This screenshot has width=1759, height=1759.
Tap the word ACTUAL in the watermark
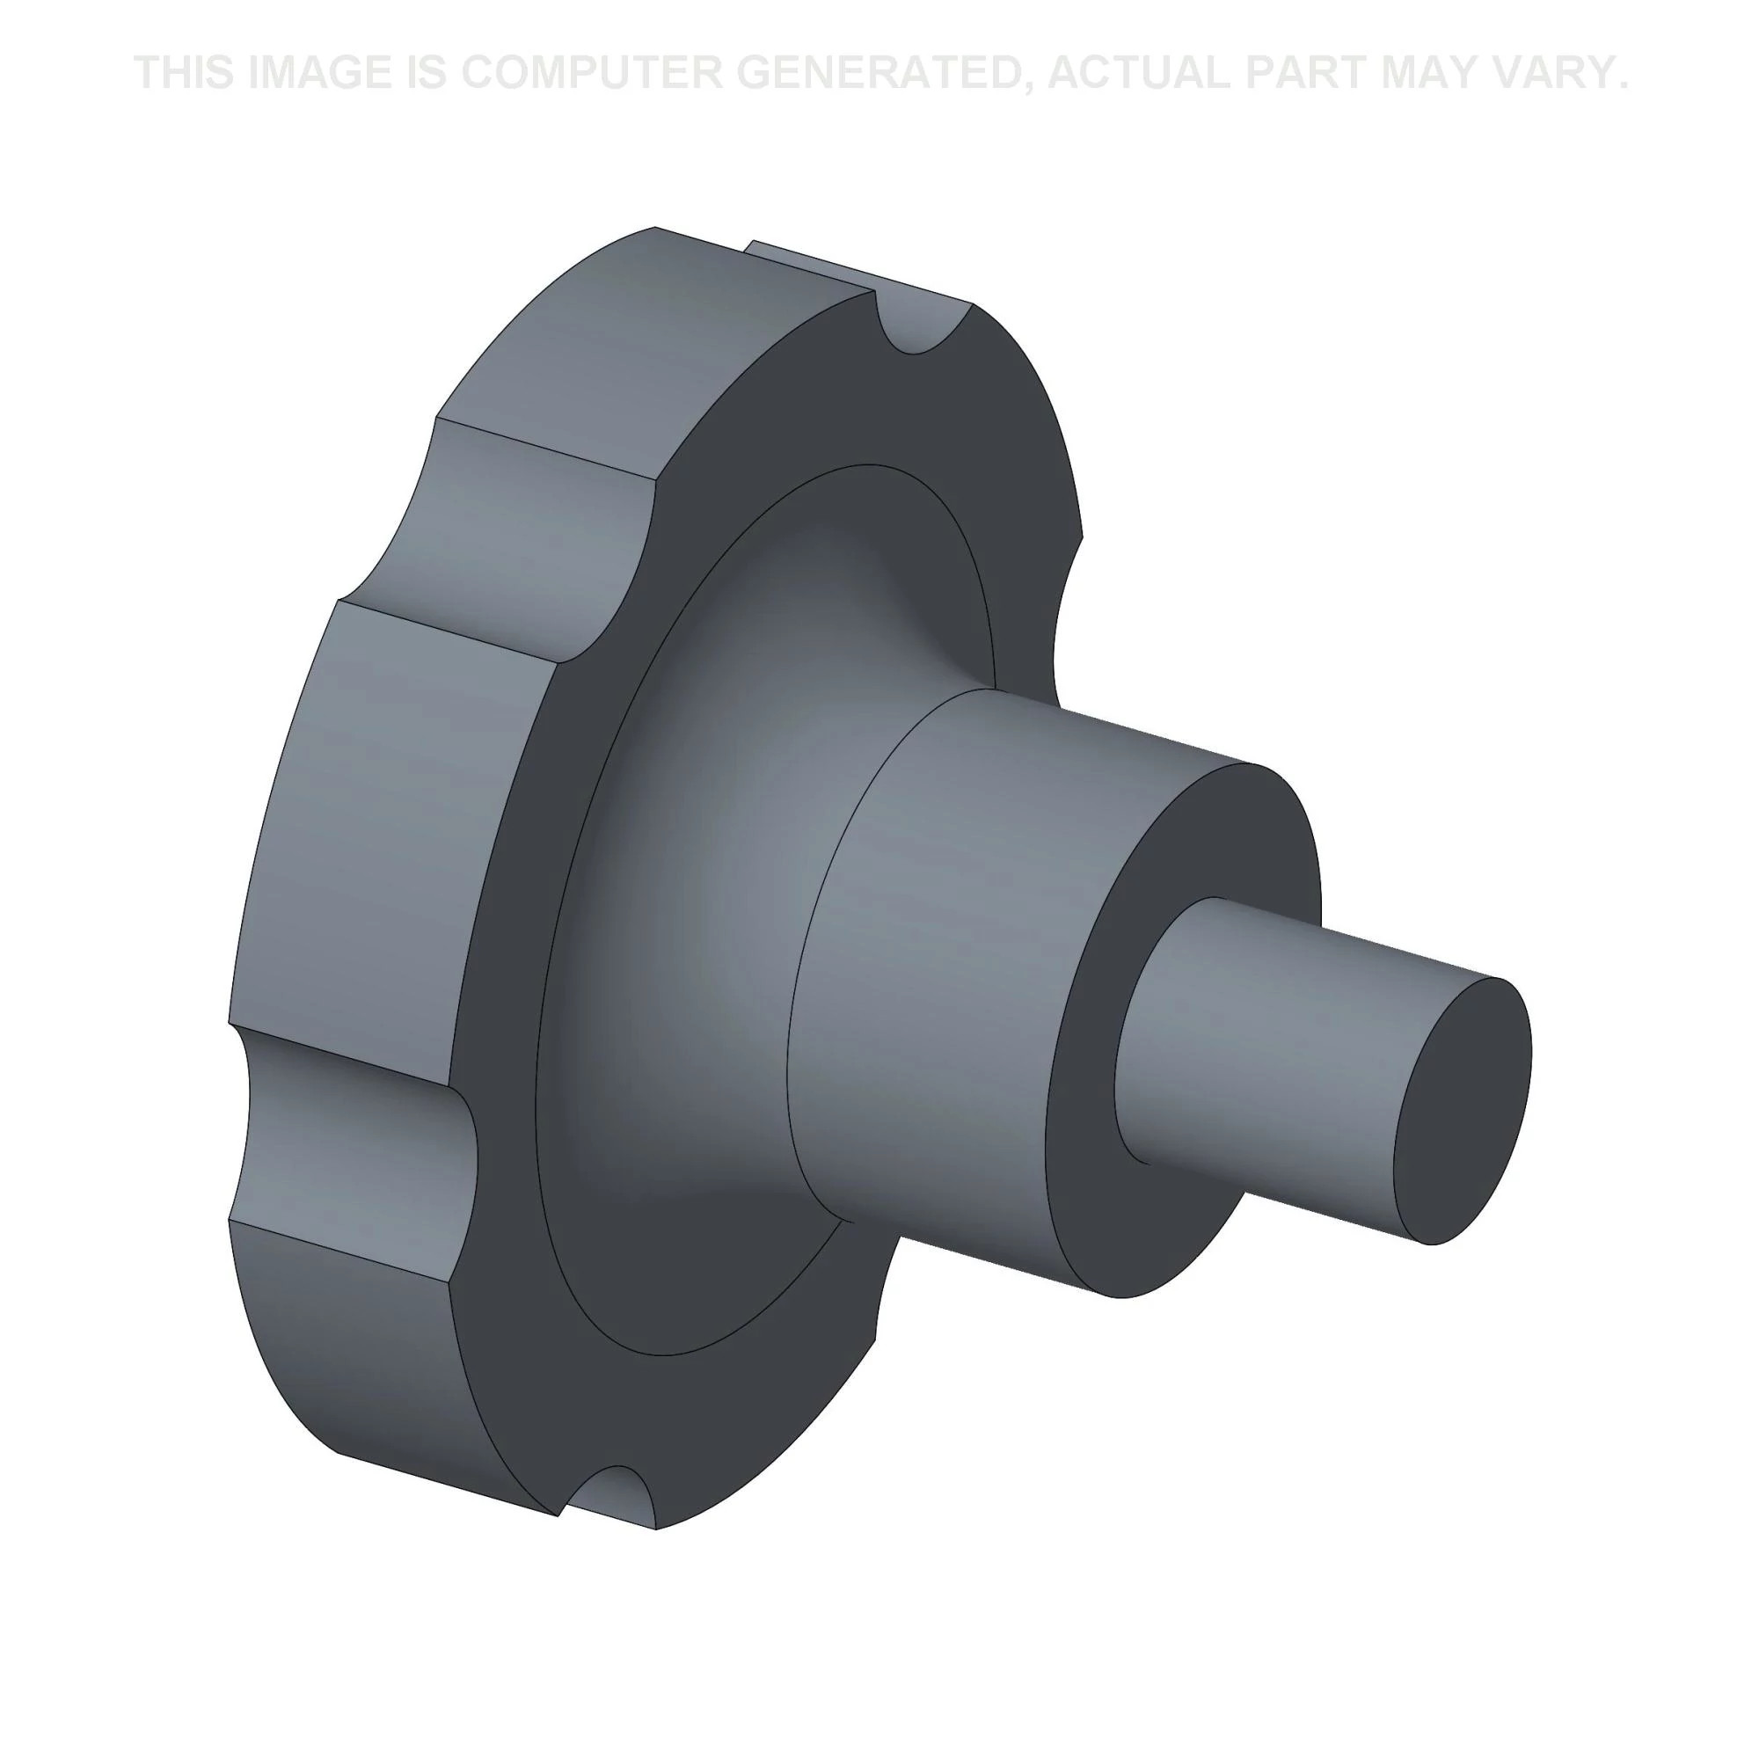tap(1137, 73)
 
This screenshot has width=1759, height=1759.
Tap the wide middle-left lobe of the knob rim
tap(383, 820)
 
